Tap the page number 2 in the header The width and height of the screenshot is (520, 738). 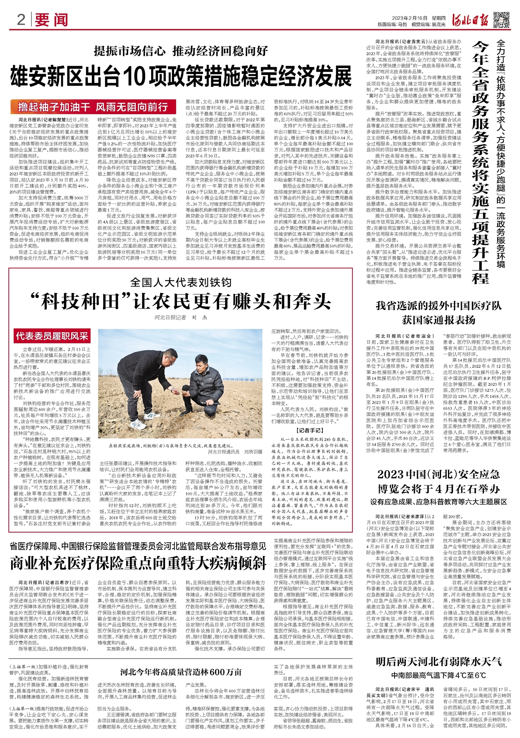click(x=21, y=19)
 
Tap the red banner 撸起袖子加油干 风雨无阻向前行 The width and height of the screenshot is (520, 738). click(x=93, y=107)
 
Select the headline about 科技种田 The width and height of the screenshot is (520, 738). click(x=181, y=301)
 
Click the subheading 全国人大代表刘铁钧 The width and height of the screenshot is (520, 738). click(x=181, y=282)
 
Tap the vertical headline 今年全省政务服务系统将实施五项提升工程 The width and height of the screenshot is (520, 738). click(x=480, y=160)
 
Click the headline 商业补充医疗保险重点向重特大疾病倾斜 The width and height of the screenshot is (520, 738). click(x=138, y=563)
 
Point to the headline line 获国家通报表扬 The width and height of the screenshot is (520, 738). click(x=438, y=320)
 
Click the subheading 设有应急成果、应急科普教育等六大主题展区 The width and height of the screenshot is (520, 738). click(x=438, y=502)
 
